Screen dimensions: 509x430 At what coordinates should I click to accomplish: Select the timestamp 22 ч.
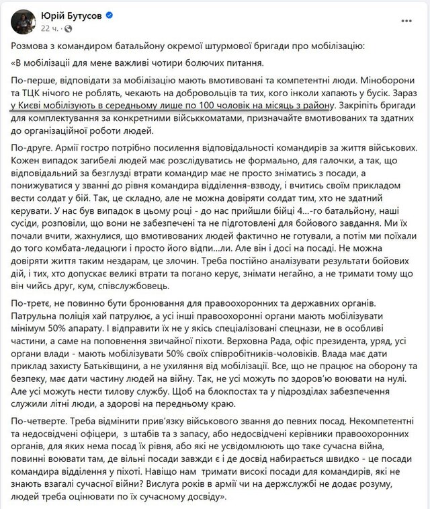[50, 28]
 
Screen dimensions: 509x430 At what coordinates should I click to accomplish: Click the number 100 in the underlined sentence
[219, 106]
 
